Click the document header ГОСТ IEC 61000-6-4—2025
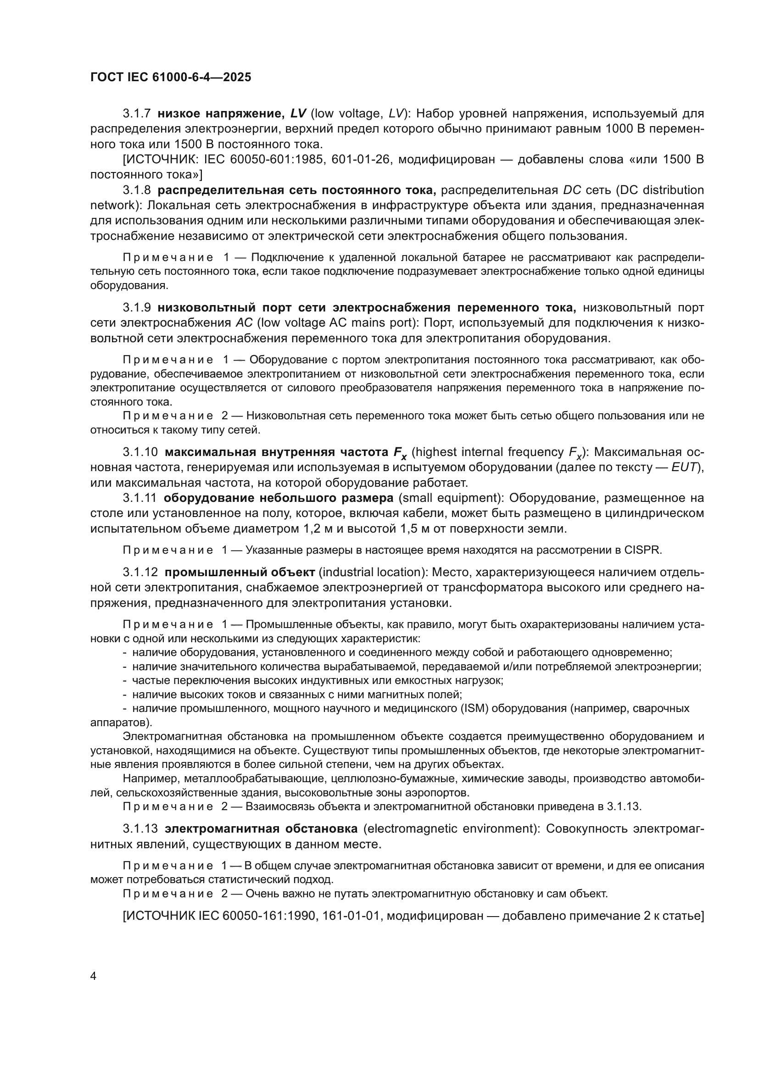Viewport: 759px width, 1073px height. (171, 77)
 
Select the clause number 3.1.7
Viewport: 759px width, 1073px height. (136, 114)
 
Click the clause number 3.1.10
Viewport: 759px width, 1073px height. (140, 452)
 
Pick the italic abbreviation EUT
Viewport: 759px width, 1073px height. (684, 467)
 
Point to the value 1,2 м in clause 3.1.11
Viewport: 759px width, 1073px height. (335, 529)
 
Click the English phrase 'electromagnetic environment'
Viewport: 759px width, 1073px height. (449, 828)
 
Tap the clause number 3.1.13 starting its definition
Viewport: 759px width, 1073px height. (140, 828)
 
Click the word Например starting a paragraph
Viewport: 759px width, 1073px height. (151, 778)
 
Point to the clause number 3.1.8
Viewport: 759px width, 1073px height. (136, 190)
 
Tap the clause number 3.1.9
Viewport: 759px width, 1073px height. (136, 307)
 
